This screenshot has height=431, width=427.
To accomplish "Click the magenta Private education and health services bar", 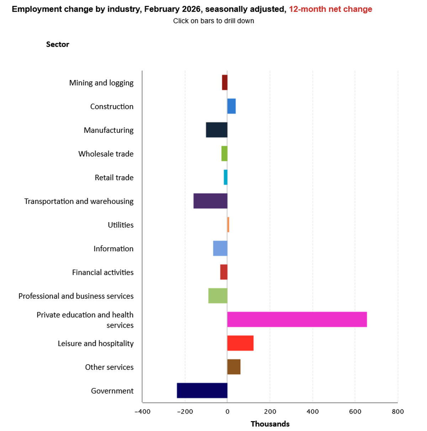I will coord(297,319).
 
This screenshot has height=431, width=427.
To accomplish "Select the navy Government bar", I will coord(202,390).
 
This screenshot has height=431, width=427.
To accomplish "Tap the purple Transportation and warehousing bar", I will coord(210,201).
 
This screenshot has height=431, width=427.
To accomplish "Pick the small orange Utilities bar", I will coord(228,225).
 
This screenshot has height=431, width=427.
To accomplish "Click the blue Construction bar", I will coord(231,106).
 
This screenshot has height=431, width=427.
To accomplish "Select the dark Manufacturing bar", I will coord(216,130).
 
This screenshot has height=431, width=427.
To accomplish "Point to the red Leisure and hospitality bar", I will coord(240,343).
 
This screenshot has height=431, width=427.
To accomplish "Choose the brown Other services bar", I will coord(234,367).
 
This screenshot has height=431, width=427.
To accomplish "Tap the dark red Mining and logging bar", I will coord(225,82).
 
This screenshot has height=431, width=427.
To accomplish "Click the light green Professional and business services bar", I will coord(218,296).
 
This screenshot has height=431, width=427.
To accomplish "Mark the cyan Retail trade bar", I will coord(226,177).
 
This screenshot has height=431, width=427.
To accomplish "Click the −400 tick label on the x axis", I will coord(142,411).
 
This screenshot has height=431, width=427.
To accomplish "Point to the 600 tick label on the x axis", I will coord(355,411).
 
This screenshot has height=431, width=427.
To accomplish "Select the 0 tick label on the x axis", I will coord(227,411).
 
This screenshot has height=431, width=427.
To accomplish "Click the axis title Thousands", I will coord(270,424).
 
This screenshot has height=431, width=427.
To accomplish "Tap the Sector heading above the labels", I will coord(58,44).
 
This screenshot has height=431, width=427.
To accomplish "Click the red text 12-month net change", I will coord(330,9).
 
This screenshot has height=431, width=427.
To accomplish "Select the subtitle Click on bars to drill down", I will coord(213,21).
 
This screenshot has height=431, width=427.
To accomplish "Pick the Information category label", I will coord(114,249).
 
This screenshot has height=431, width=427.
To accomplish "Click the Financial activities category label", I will coord(103,273).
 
